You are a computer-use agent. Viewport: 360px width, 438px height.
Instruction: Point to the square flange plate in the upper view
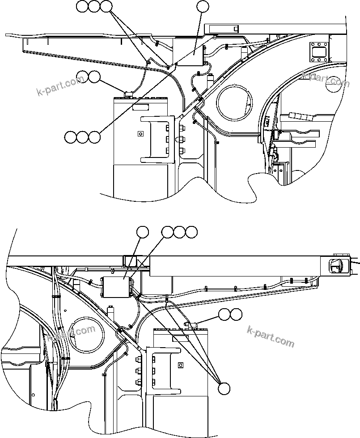point(318,51)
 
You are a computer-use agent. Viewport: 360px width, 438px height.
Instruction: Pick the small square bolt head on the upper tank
point(140,133)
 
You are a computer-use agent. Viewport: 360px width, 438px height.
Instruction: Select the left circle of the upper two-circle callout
point(82,77)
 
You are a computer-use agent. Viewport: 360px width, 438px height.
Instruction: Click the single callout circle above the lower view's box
point(143,232)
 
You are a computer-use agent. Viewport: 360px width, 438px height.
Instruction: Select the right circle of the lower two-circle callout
point(236,315)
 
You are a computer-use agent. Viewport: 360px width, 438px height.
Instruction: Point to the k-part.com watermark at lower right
point(271,336)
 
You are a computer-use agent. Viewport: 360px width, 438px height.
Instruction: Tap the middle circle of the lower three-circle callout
point(179,232)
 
